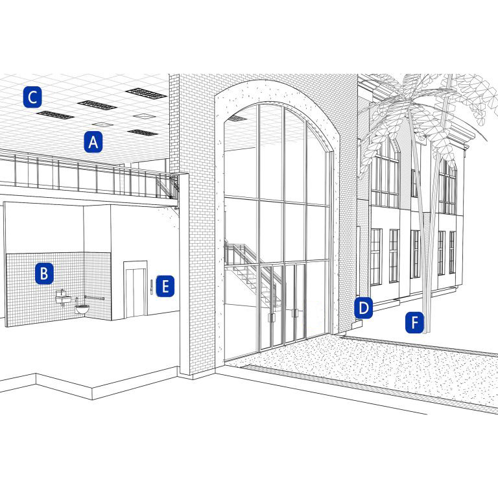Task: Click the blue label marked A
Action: click(x=93, y=142)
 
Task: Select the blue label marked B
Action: click(x=43, y=274)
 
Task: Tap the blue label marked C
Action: click(x=32, y=97)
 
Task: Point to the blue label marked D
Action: click(x=364, y=308)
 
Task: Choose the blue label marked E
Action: click(x=165, y=286)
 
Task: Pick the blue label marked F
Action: click(x=415, y=322)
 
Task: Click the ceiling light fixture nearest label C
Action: click(x=55, y=115)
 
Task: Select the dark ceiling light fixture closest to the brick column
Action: click(x=146, y=93)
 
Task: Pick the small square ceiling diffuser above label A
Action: click(x=102, y=125)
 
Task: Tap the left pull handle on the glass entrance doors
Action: click(x=271, y=316)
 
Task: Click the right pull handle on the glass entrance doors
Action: click(x=295, y=313)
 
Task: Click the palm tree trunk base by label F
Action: click(x=425, y=328)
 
